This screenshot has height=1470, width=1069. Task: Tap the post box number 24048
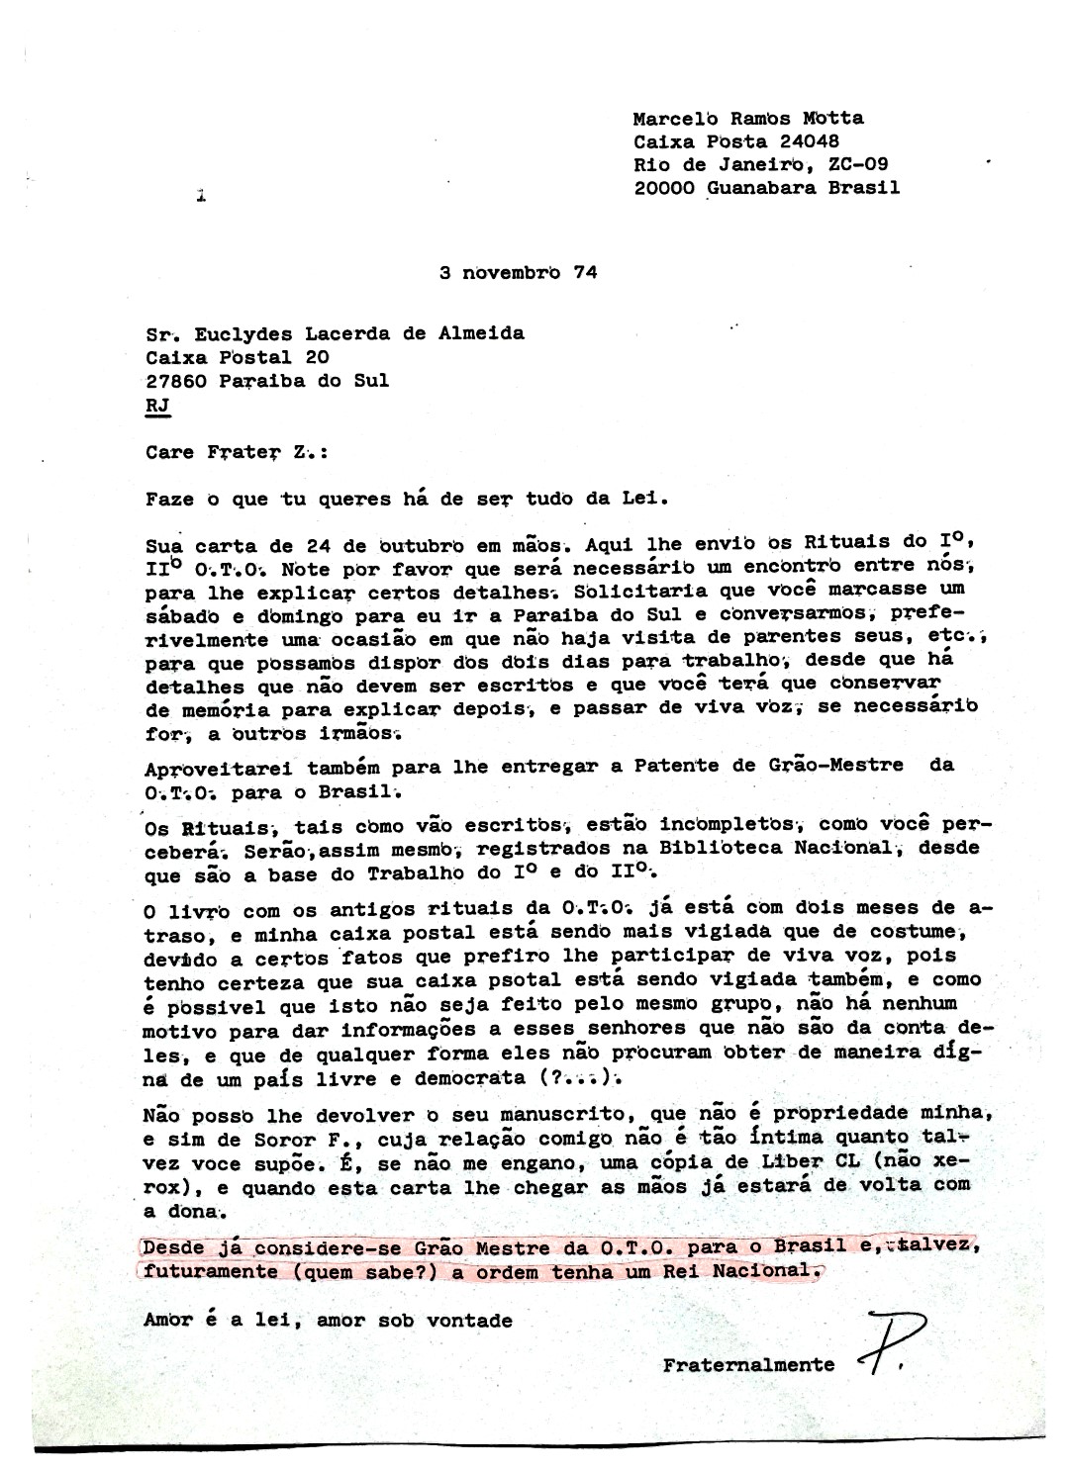[795, 141]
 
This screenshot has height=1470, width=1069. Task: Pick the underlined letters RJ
[156, 405]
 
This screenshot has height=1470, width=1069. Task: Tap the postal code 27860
[174, 381]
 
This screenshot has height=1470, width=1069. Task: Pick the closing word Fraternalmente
[748, 1365]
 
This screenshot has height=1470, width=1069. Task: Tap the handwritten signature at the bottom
[891, 1340]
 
